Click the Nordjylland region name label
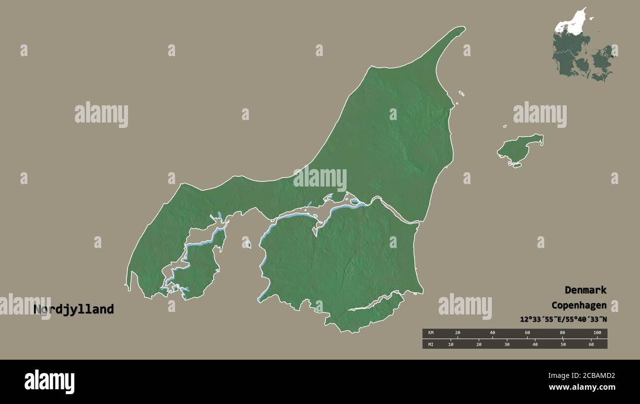(74, 310)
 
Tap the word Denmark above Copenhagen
(585, 290)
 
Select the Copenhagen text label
(578, 305)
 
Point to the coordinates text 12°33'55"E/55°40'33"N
(563, 319)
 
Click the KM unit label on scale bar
(430, 333)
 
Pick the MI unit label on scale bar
(430, 344)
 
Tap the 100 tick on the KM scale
(597, 333)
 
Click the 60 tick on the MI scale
(591, 344)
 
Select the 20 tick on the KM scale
(457, 333)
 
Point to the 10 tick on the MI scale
(450, 344)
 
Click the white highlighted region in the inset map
(571, 23)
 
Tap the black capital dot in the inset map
(612, 56)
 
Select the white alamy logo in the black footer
(49, 381)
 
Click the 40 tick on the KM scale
(492, 333)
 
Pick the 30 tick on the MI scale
(507, 344)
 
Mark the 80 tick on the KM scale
(562, 333)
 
